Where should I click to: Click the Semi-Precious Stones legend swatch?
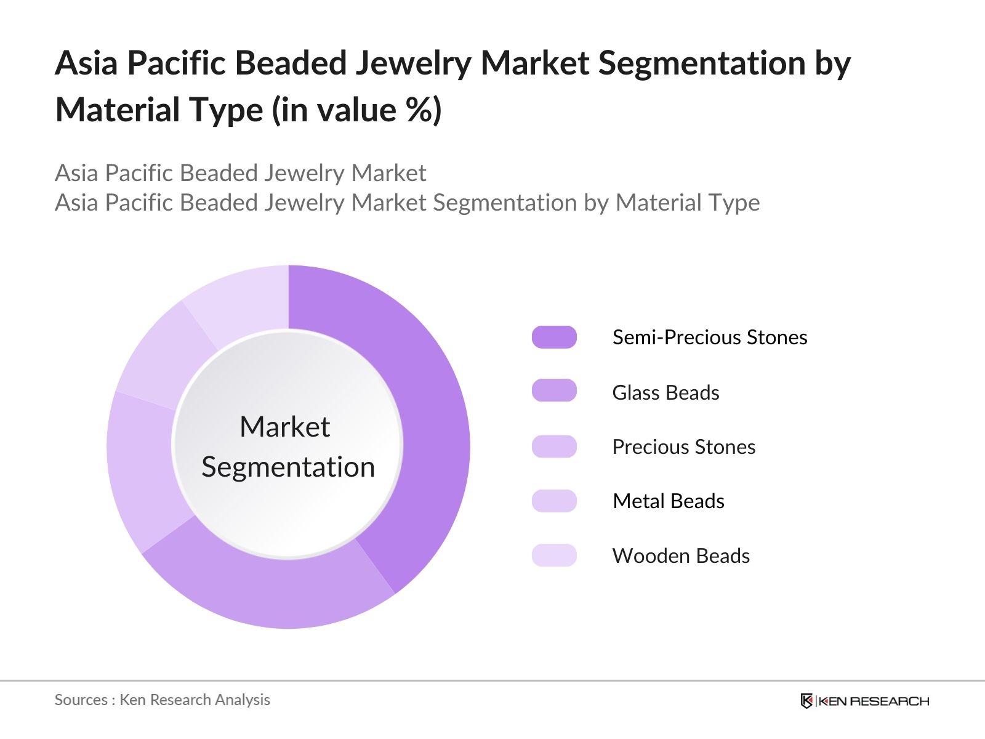coord(554,337)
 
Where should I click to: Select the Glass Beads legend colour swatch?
coord(554,390)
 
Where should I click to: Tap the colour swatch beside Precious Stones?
coord(554,446)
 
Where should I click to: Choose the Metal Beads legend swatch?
coord(554,501)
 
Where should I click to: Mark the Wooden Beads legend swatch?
coord(554,555)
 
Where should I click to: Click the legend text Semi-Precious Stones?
coord(709,337)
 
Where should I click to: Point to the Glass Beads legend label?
coord(665,392)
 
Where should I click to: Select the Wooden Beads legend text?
coord(681,555)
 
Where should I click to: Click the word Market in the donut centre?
coord(284,427)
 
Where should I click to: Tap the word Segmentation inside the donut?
coord(288,467)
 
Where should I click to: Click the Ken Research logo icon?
coord(806,701)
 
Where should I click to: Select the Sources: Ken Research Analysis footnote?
coord(163,700)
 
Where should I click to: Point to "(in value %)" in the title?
coord(357,110)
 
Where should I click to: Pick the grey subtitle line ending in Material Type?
coord(407,203)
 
